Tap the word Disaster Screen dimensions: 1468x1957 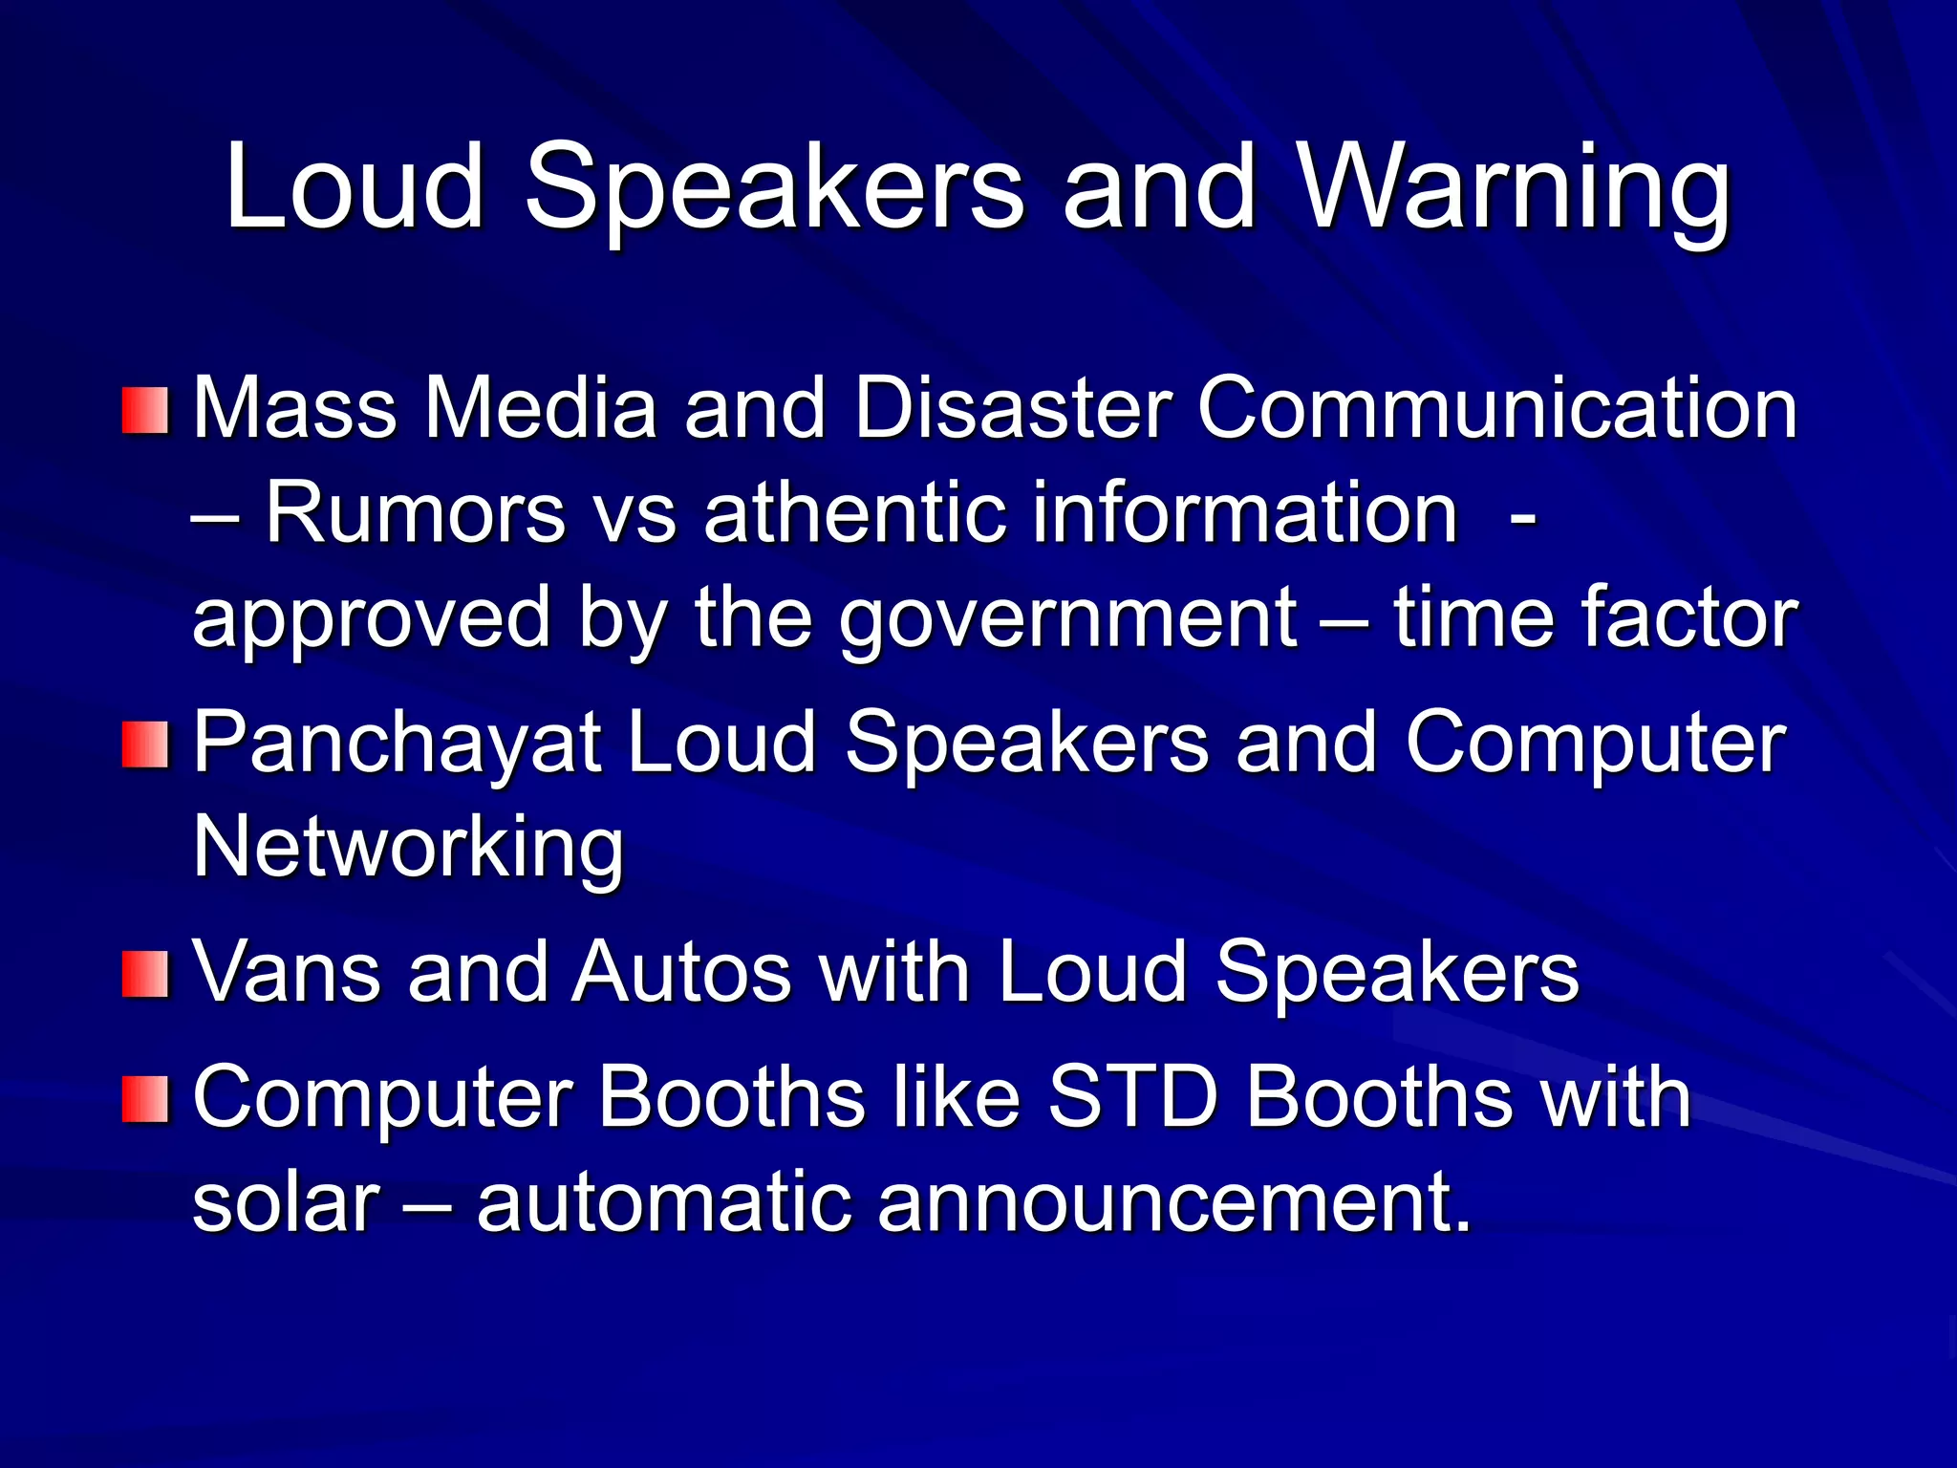1013,409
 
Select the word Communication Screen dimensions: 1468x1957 1497,409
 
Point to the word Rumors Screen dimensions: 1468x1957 416,513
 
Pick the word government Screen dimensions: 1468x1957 1068,619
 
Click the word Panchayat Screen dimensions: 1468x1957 397,744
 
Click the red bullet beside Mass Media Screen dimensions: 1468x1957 145,411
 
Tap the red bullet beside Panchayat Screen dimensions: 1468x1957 145,745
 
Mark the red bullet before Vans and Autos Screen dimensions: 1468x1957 145,975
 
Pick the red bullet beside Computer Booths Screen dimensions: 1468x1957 145,1099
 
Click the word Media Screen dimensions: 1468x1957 541,409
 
